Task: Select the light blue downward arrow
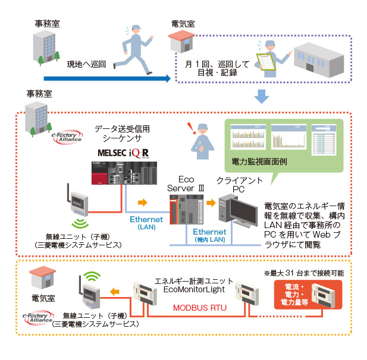tap(260, 96)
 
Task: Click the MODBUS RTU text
tap(196, 308)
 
